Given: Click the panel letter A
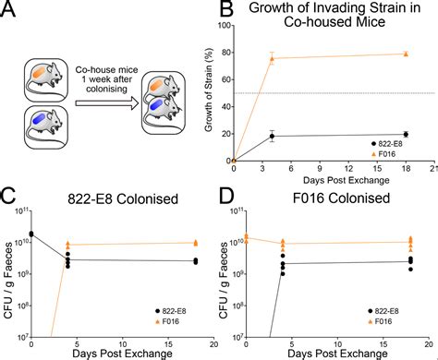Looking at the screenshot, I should (x=11, y=11).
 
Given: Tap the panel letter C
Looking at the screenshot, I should (x=11, y=196).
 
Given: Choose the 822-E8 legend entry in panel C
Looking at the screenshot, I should (x=176, y=311).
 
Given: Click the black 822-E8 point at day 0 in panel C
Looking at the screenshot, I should (x=31, y=234).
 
